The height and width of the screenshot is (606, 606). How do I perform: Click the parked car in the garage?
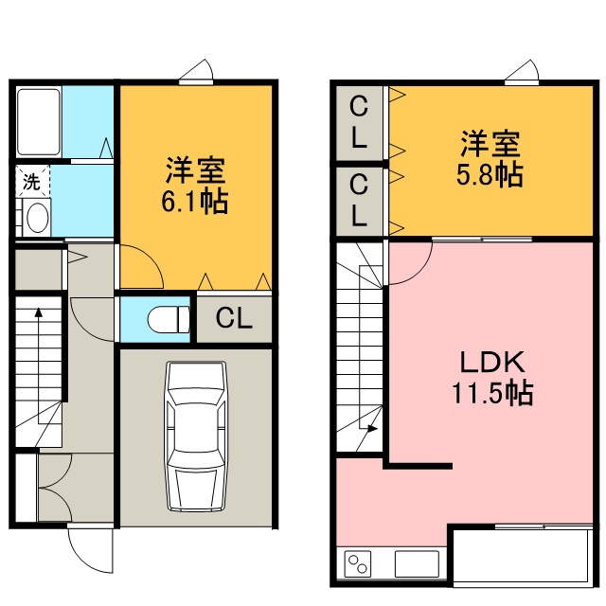click(x=196, y=437)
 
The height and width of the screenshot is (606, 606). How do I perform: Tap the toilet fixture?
click(x=169, y=319)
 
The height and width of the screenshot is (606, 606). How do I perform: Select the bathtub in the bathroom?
click(x=39, y=122)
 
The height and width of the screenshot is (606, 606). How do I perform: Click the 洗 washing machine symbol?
click(x=32, y=181)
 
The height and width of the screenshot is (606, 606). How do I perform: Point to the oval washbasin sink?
click(x=38, y=217)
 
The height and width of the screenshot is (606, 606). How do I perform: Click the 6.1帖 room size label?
click(x=194, y=202)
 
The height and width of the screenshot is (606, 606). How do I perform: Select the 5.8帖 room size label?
click(x=490, y=175)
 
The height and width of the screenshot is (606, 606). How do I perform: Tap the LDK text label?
click(x=492, y=362)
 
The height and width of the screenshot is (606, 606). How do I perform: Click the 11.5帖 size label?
click(x=492, y=393)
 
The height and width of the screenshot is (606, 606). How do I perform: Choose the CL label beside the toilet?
click(x=234, y=318)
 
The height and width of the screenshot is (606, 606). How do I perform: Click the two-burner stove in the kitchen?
click(x=358, y=564)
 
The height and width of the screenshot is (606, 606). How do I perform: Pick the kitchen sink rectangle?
click(x=417, y=564)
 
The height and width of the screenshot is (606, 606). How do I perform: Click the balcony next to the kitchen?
click(x=523, y=556)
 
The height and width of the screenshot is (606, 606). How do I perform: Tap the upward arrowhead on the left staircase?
click(x=39, y=312)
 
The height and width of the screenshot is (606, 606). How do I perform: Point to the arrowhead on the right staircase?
click(x=372, y=428)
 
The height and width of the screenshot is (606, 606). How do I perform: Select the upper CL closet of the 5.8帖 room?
click(x=359, y=122)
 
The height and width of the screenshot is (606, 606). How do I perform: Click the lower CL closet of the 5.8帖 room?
click(x=359, y=200)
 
